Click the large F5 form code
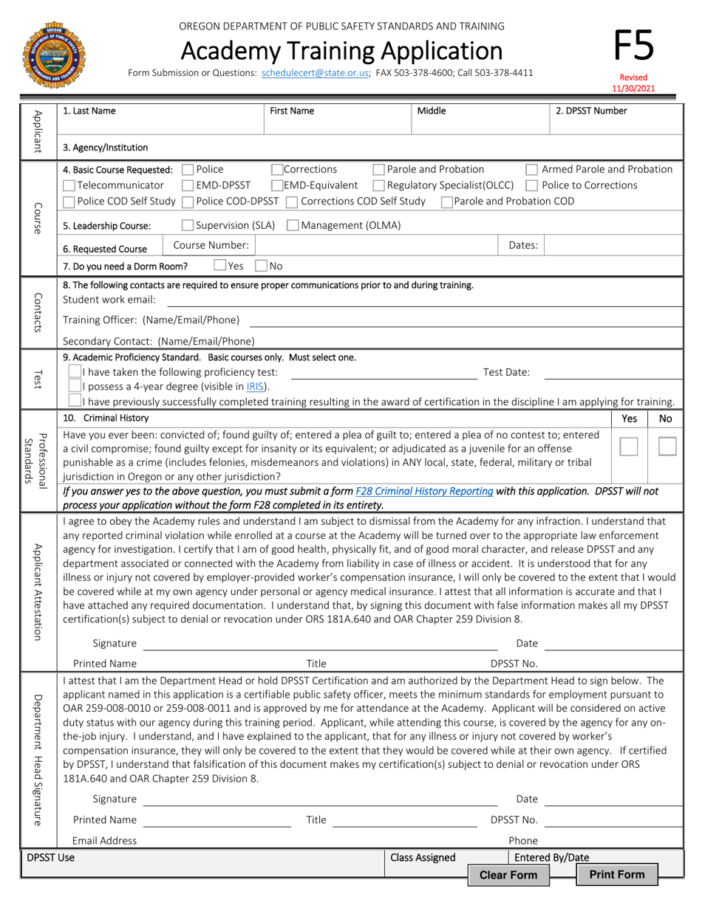click(x=633, y=46)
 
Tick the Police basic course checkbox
click(x=188, y=170)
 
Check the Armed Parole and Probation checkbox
click(x=532, y=170)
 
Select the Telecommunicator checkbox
click(x=69, y=185)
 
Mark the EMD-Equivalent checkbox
click(x=278, y=185)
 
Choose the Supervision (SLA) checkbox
click(x=188, y=226)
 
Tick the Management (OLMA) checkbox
click(x=293, y=226)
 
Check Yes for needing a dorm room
click(x=220, y=265)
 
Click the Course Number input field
click(x=377, y=245)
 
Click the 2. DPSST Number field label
click(x=591, y=111)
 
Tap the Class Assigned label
click(x=423, y=857)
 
